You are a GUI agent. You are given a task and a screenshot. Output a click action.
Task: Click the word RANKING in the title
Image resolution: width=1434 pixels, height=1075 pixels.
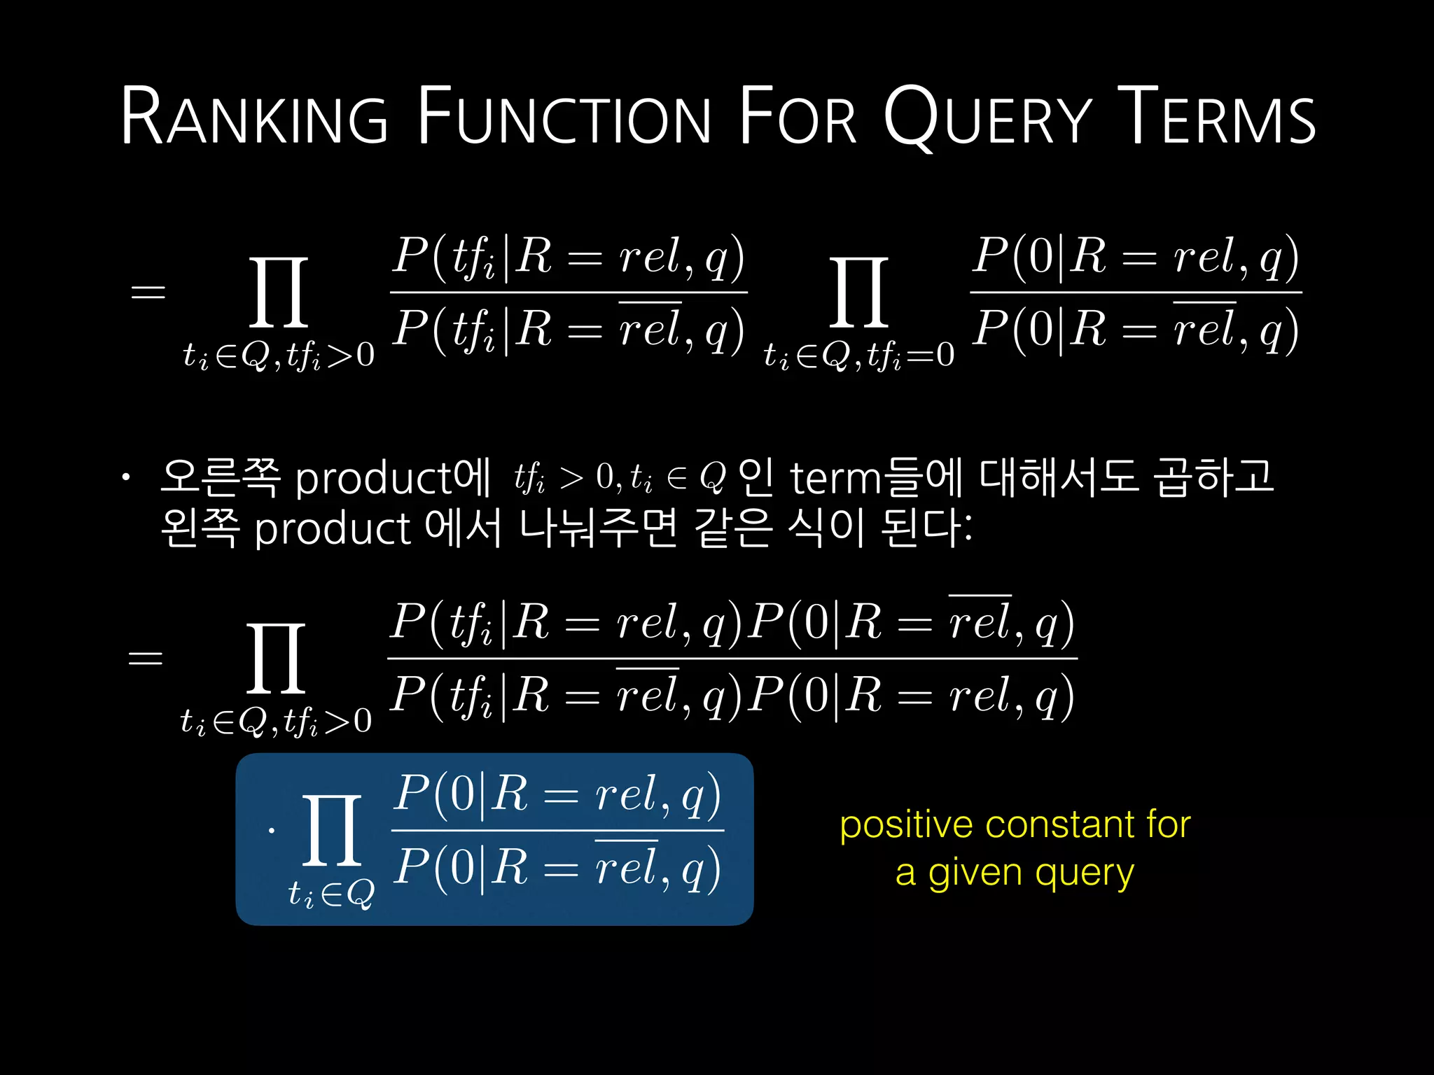(x=254, y=116)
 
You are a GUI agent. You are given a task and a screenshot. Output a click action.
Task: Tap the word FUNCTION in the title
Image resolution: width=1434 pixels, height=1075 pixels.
(x=564, y=116)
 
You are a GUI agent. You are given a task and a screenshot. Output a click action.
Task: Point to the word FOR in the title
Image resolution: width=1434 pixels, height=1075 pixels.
(x=798, y=116)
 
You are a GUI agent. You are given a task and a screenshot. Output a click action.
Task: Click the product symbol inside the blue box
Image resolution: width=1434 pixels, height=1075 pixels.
(x=332, y=830)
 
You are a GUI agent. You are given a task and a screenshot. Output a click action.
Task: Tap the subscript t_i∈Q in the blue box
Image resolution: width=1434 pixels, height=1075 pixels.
(x=331, y=894)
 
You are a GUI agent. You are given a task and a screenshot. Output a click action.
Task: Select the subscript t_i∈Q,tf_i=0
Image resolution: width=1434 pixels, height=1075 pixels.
(x=859, y=356)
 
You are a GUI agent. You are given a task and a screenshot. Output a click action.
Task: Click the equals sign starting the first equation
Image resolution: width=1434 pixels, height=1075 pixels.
(x=148, y=293)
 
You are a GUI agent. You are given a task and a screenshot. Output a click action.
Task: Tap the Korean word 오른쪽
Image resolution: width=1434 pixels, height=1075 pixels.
(x=221, y=478)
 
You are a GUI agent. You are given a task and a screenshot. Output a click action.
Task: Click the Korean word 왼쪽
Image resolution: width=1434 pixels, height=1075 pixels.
(x=200, y=528)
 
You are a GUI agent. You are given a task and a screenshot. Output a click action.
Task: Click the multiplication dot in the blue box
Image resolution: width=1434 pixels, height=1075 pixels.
(x=272, y=831)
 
